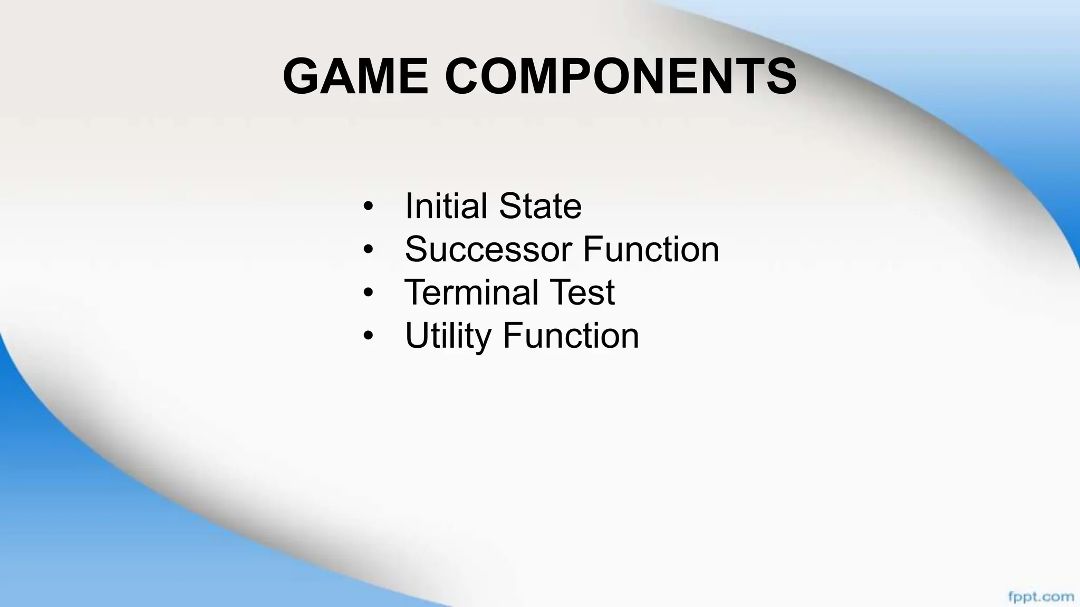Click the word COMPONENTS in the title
(621, 76)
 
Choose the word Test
(585, 292)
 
